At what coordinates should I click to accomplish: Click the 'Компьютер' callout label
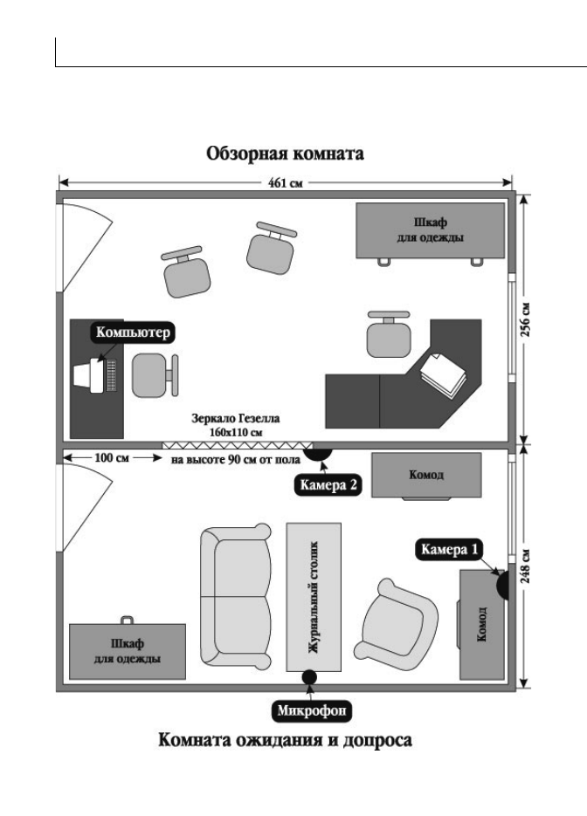[133, 332]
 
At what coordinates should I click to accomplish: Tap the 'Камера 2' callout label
[328, 485]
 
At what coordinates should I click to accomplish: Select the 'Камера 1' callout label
[449, 550]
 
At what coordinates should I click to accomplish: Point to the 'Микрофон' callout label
[312, 711]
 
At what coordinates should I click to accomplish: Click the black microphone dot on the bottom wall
[309, 677]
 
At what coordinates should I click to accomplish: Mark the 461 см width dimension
[285, 182]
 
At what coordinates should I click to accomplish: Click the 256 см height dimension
[526, 319]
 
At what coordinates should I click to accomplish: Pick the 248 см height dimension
[526, 566]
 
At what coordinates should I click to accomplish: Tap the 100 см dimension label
[112, 458]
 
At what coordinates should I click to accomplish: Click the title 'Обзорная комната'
[285, 154]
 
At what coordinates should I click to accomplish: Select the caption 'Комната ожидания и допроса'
[285, 740]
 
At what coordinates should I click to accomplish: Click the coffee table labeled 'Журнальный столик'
[314, 598]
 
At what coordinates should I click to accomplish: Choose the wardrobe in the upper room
[431, 230]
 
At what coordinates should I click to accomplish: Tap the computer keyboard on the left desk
[111, 374]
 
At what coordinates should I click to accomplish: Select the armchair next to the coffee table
[397, 626]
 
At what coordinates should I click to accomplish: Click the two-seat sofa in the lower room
[237, 596]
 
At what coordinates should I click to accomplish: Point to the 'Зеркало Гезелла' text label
[236, 418]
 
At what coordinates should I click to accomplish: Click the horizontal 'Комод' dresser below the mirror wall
[426, 475]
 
